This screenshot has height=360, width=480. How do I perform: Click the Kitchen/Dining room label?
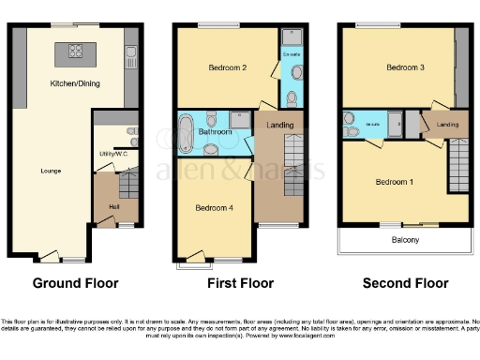[x=74, y=84]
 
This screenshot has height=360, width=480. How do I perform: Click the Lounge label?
[x=52, y=171]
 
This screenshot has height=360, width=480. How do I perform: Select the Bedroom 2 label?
[x=225, y=67]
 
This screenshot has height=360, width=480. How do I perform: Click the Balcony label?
[x=405, y=240]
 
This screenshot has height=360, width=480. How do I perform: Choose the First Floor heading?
[x=239, y=283]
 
